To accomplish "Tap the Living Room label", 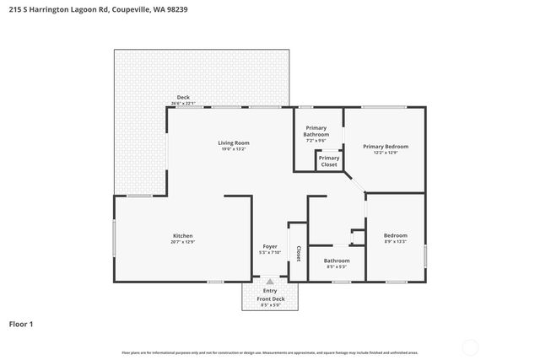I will point(234,142).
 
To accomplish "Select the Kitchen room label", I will point(183,235).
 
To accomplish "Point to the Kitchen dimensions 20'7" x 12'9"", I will point(183,242).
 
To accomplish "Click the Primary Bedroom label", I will point(386,146).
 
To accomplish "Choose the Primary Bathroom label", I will point(316,131).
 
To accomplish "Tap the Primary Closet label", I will point(329,160).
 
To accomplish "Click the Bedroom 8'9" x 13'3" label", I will point(396,235).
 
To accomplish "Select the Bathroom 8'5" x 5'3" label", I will point(336,261).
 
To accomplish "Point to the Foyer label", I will point(270,246).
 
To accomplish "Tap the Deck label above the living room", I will point(183,97).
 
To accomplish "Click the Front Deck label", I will point(271,298).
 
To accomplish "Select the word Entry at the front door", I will point(270,291).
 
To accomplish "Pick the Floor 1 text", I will point(22,323).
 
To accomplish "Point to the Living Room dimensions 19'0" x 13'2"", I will point(234,149).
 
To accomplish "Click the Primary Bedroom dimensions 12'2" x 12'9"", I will point(386,153).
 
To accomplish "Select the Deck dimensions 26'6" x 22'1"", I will point(183,103).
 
